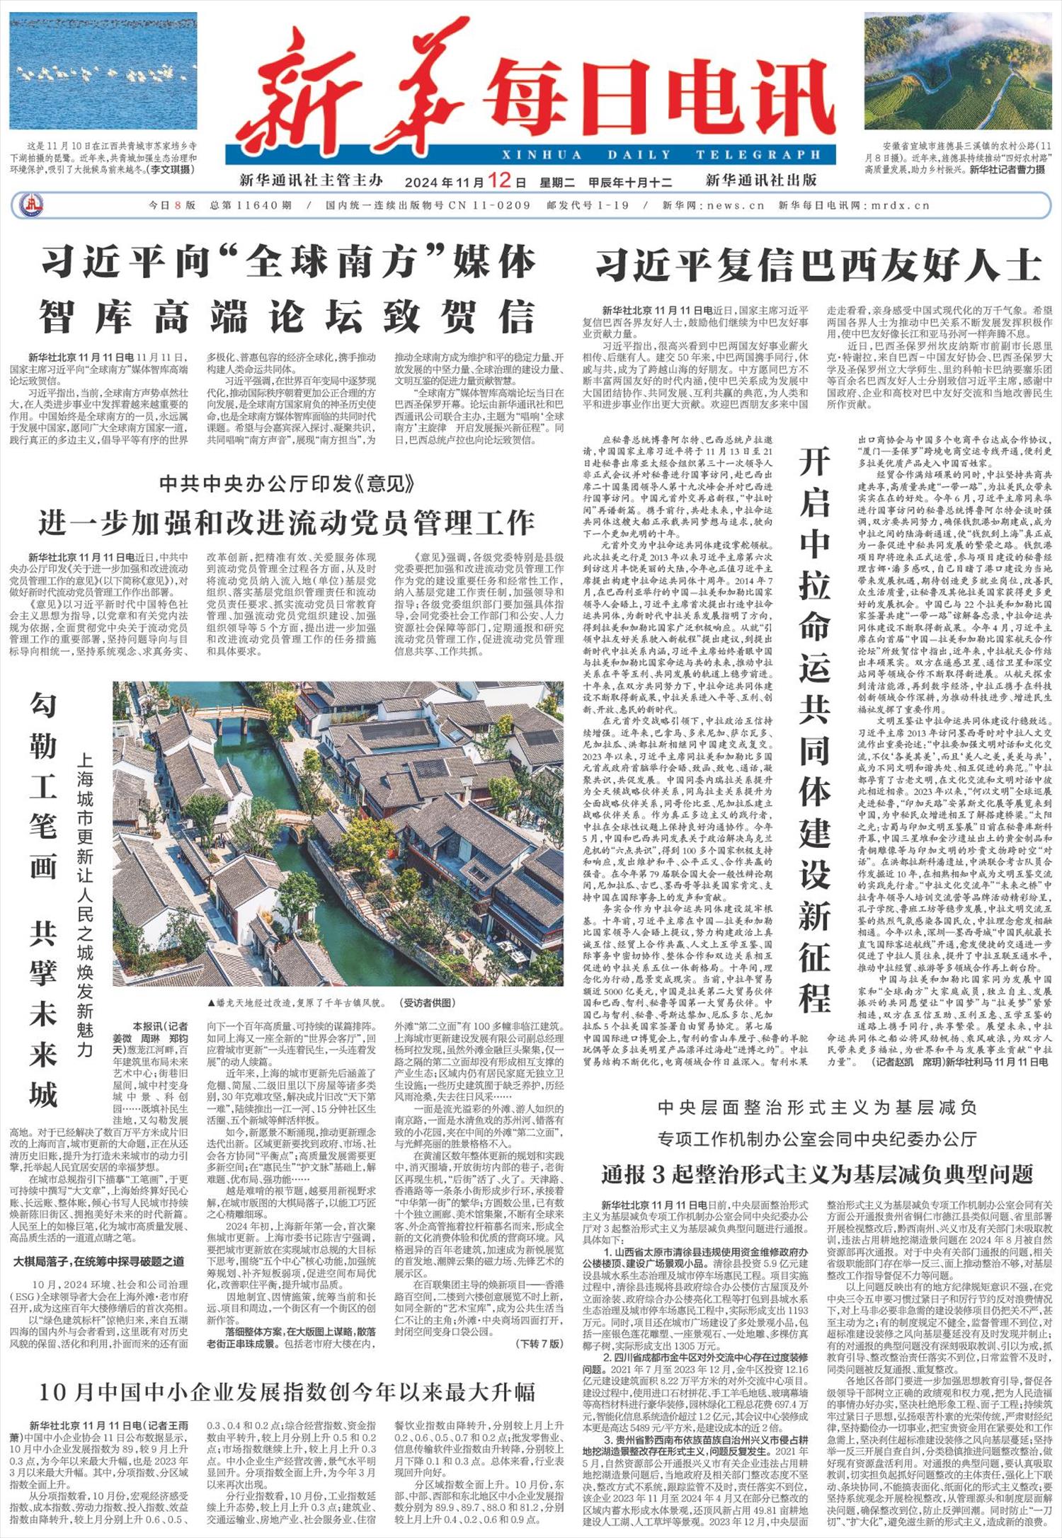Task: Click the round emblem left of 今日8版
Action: click(30, 206)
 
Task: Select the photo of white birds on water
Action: click(103, 71)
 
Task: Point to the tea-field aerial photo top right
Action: click(957, 71)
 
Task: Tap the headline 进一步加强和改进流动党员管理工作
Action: click(287, 522)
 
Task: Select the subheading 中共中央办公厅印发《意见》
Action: click(287, 484)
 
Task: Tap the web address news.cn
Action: click(736, 206)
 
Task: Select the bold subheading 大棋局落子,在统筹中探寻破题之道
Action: click(99, 1261)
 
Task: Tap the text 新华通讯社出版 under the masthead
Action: click(760, 180)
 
